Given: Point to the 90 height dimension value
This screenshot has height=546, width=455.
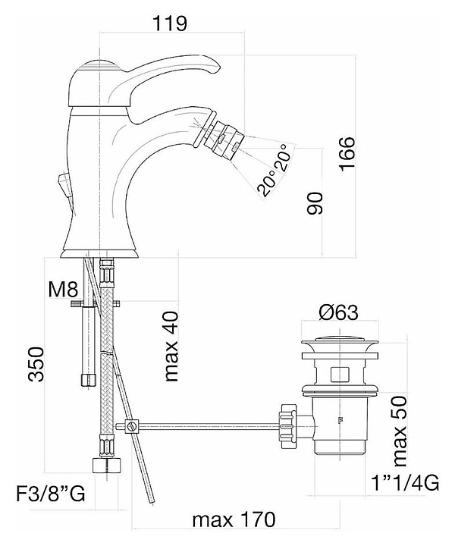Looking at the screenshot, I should [x=315, y=205].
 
